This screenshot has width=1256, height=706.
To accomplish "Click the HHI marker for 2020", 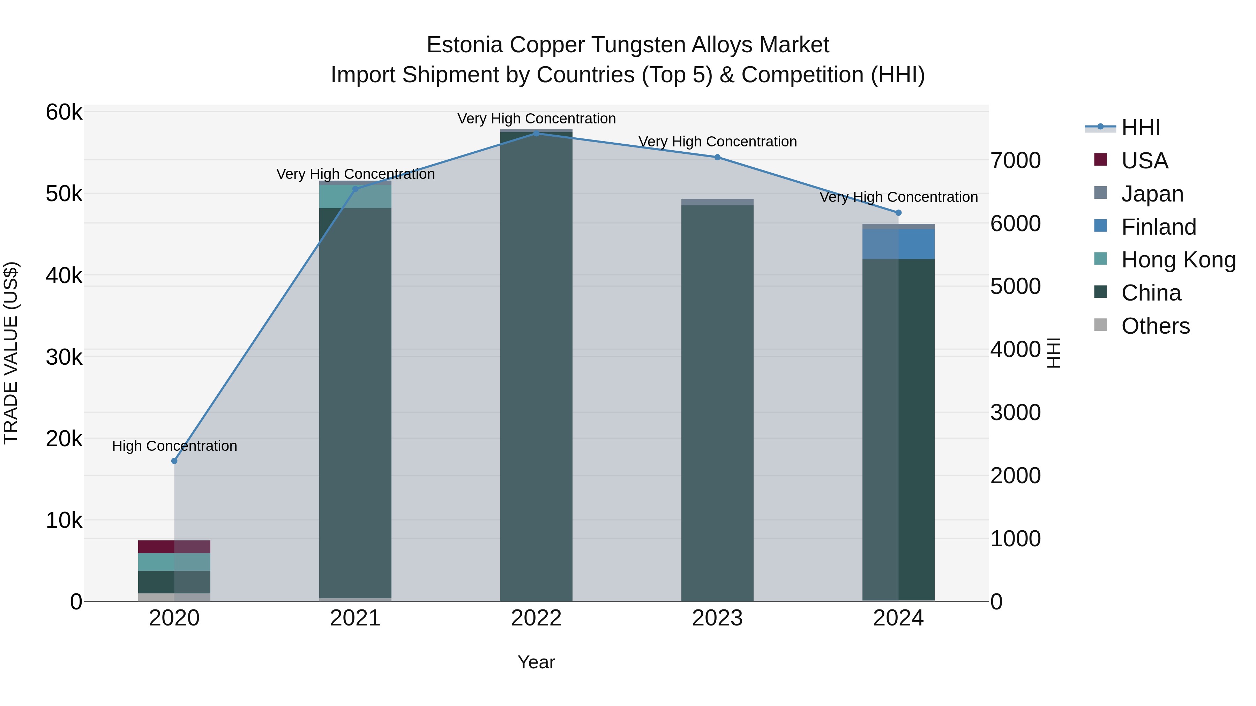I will (174, 461).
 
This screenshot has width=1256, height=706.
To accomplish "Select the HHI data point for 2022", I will (536, 133).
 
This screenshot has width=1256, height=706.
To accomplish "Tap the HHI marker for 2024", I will (899, 212).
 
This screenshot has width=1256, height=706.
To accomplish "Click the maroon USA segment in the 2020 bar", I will (156, 547).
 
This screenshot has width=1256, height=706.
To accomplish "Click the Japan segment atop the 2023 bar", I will (717, 202).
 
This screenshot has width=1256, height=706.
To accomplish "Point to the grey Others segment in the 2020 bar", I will (156, 597).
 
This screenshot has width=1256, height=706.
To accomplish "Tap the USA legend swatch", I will (1100, 160).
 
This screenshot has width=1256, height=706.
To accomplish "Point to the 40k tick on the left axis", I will (64, 276).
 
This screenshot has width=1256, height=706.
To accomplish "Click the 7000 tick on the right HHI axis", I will (1016, 161).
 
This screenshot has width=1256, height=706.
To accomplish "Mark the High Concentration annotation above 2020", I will (174, 446).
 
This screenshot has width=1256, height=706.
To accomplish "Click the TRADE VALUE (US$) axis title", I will (11, 353).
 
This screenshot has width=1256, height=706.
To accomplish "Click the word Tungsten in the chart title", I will (639, 45).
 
